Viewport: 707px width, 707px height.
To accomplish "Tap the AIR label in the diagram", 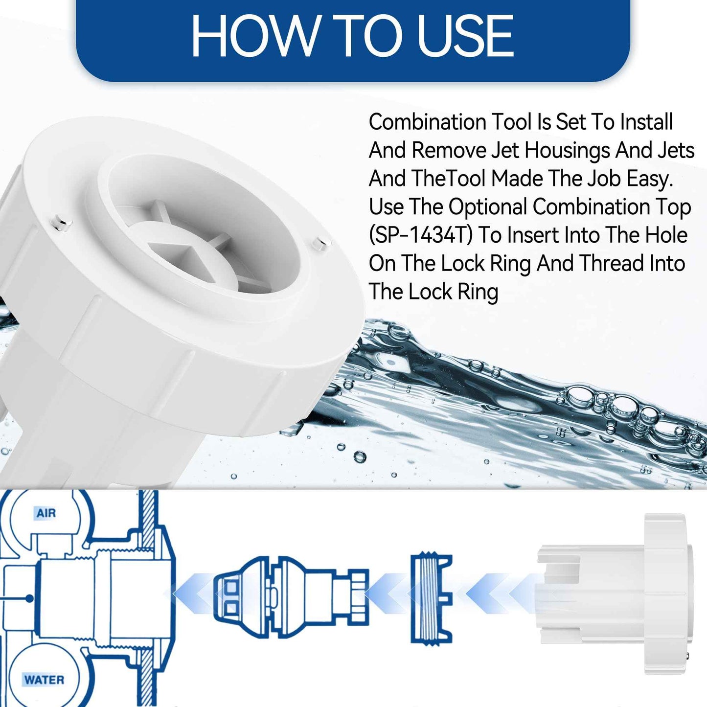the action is (x=46, y=513).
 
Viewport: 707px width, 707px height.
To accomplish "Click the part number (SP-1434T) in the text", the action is (x=421, y=235).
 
